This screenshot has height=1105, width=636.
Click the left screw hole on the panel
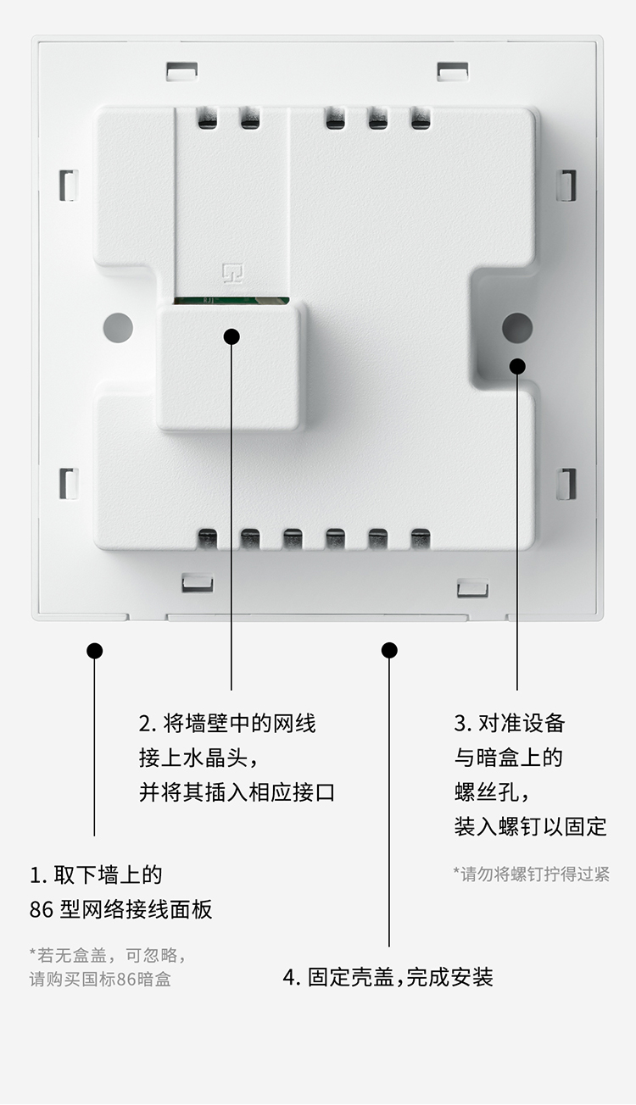[118, 327]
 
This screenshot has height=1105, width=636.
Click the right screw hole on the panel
[516, 327]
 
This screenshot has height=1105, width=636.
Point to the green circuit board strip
[232, 300]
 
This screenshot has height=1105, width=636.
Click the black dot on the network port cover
[232, 336]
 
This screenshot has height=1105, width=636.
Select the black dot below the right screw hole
[517, 365]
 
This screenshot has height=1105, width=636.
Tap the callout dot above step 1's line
[94, 651]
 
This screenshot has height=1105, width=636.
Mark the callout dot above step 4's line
[389, 650]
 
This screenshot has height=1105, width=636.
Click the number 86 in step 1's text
[42, 910]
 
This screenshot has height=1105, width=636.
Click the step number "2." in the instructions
[148, 724]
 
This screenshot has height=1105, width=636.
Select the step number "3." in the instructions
[462, 724]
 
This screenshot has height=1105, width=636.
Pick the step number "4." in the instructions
[292, 977]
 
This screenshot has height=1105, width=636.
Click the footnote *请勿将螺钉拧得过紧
[531, 874]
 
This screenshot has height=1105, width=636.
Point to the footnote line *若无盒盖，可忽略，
[108, 955]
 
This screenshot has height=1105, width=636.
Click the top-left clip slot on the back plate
[181, 69]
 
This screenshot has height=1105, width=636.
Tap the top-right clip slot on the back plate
[453, 70]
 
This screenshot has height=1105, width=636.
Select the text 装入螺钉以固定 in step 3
[530, 826]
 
